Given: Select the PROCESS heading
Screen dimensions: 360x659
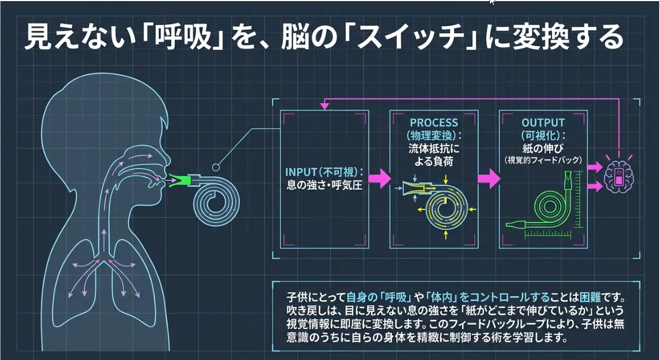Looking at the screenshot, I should tap(434, 123).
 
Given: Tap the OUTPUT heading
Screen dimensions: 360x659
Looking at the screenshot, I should tap(543, 123).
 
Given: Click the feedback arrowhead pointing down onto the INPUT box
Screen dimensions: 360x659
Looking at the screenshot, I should tap(325, 107).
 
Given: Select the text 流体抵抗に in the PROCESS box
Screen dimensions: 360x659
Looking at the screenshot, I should tap(434, 148).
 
